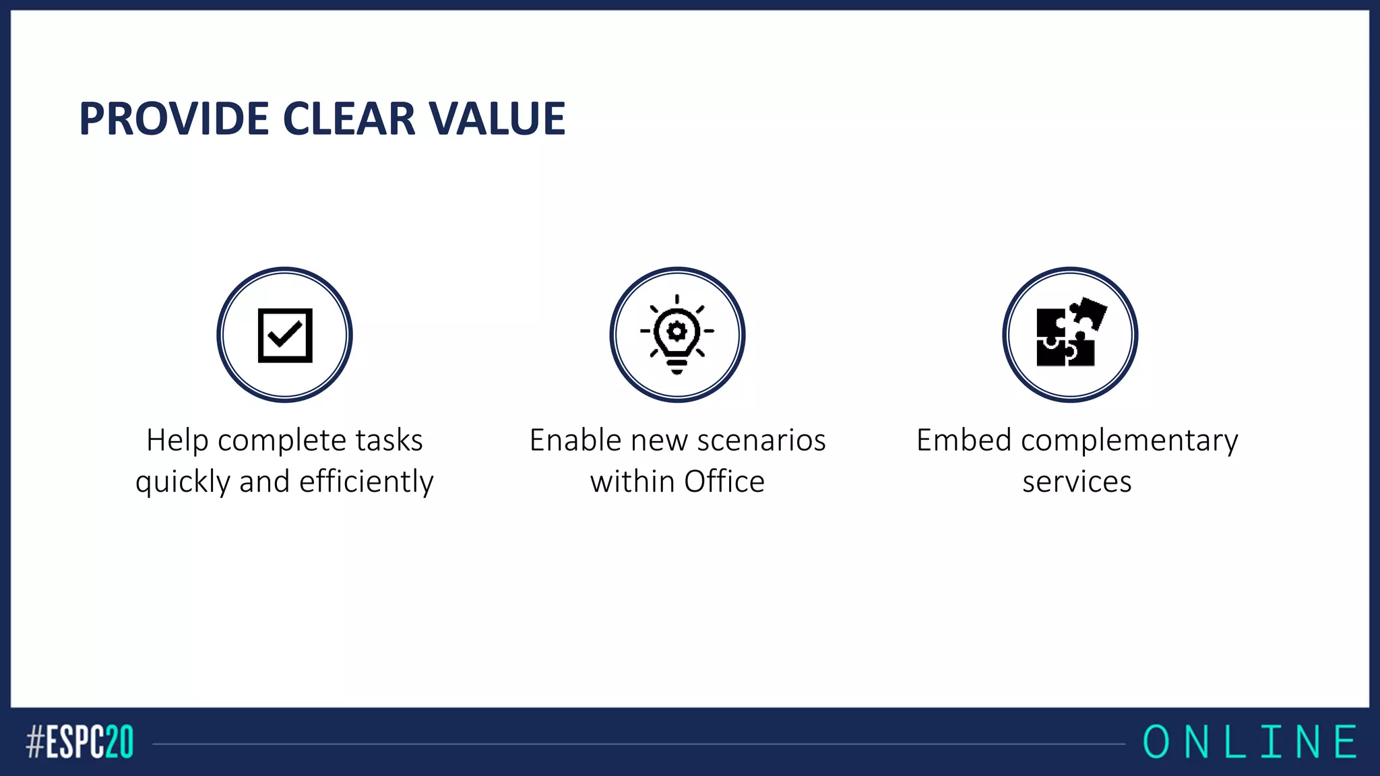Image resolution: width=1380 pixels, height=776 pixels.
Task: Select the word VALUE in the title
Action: coord(497,119)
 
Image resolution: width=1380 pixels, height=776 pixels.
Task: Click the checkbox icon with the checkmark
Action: coord(285,335)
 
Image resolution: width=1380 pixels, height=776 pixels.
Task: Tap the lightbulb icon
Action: coord(677,335)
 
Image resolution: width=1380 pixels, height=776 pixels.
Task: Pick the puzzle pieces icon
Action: coord(1070,333)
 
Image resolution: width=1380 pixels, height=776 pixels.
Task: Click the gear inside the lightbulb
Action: coord(677,331)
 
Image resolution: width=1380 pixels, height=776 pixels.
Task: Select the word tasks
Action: coord(389,441)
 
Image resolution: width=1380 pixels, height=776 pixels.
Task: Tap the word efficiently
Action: coord(366,482)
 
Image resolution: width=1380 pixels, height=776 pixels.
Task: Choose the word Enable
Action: coord(575,441)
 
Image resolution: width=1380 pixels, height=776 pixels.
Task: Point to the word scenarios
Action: coord(761,441)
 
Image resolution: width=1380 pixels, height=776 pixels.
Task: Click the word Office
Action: coord(724,482)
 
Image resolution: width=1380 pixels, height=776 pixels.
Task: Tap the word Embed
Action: coord(964,441)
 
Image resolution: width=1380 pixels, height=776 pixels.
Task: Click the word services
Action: coord(1077,482)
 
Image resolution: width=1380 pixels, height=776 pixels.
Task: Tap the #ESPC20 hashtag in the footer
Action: coord(80,742)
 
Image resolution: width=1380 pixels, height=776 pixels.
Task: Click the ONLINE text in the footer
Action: coord(1249,742)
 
